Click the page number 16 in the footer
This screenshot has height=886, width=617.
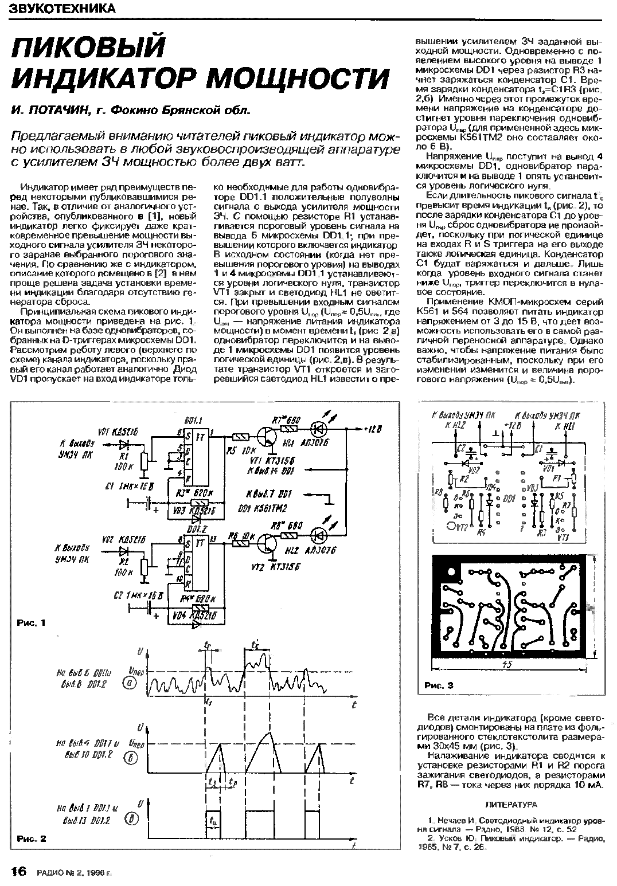[18, 872]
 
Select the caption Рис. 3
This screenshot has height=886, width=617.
[439, 685]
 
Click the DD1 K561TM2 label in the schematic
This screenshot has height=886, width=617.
[261, 508]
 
